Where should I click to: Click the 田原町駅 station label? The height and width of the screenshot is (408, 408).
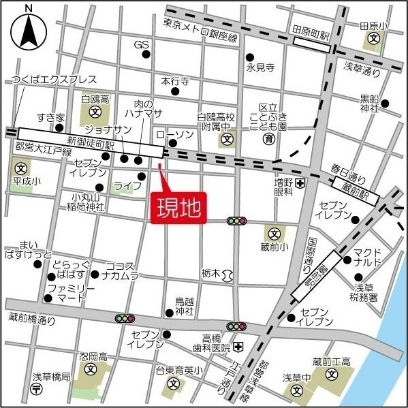coord(311,31)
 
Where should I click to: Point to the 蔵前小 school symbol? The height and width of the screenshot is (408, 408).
coord(272,233)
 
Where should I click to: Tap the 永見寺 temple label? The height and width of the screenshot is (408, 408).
coord(260,67)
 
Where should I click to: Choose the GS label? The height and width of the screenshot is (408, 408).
coord(141,45)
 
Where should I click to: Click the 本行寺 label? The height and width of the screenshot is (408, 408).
coord(174,81)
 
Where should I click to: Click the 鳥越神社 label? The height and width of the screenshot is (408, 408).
coord(184,306)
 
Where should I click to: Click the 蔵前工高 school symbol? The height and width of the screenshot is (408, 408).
coord(331,374)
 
